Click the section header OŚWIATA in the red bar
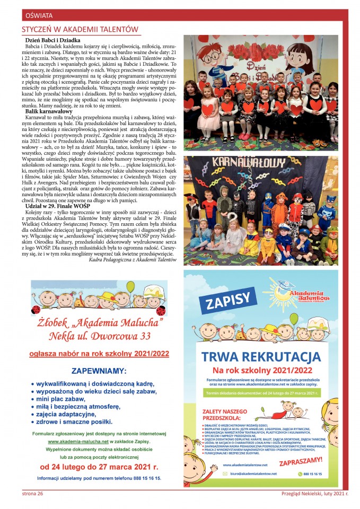(x=35, y=15)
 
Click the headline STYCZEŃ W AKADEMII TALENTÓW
(x=80, y=29)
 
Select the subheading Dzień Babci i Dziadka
(x=52, y=40)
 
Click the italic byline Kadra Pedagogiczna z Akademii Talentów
(x=133, y=260)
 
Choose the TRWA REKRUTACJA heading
(x=260, y=355)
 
